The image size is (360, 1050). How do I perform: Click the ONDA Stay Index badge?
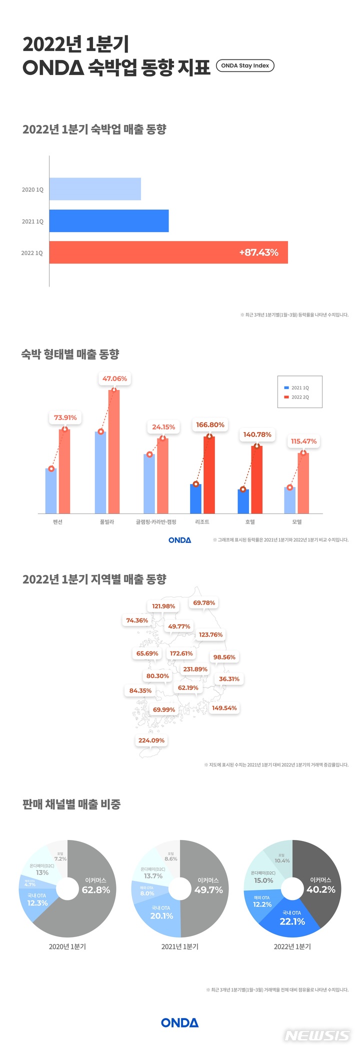(245, 65)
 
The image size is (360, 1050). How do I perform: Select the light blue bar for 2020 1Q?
(95, 189)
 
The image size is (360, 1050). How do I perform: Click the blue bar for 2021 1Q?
(108, 221)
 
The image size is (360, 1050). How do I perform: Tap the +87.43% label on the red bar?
(258, 252)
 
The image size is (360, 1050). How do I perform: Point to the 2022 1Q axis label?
(32, 253)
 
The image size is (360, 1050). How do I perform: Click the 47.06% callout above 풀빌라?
(114, 378)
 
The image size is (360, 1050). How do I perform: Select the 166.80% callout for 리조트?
(210, 424)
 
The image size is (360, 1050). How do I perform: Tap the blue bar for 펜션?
(51, 490)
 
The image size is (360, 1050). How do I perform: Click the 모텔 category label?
(297, 521)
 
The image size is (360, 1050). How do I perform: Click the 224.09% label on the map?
(151, 740)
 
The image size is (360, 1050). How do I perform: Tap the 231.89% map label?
(195, 669)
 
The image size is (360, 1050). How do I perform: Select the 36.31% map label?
(229, 679)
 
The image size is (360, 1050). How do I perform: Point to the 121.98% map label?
(163, 606)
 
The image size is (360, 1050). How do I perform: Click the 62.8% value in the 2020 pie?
(95, 890)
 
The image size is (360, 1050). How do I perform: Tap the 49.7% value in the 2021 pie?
(208, 890)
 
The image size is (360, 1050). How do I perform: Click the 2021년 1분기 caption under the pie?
(180, 946)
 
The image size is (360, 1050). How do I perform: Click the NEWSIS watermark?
(317, 1035)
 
